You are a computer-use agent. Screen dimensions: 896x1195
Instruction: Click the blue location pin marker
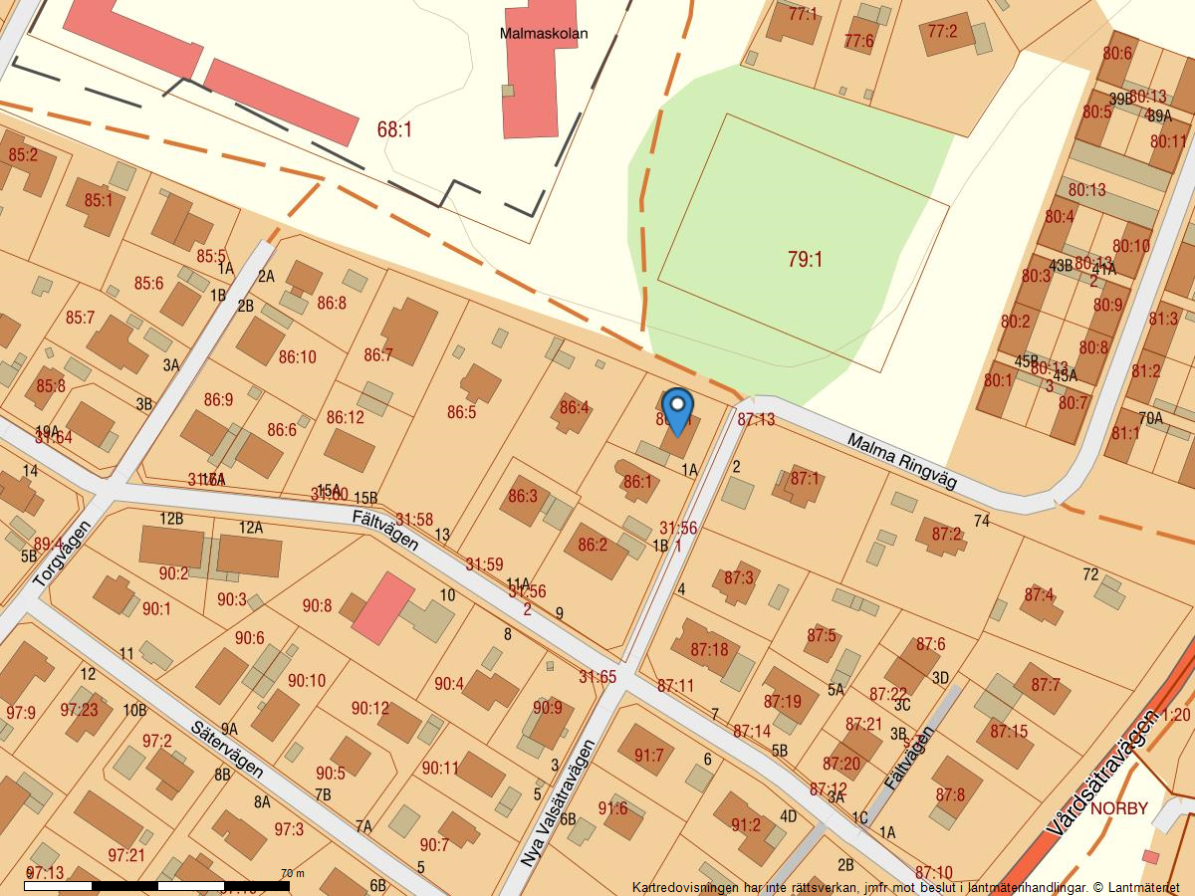(677, 409)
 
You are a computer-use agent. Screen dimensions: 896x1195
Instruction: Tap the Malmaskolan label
(543, 33)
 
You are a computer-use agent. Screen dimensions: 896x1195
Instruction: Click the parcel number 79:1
(805, 260)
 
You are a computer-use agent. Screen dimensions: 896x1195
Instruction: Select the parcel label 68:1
(394, 129)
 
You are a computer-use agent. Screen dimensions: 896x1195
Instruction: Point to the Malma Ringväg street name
(901, 461)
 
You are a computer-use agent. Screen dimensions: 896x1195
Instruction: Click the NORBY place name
(1118, 808)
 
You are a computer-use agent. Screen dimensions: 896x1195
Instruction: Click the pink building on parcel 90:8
(382, 608)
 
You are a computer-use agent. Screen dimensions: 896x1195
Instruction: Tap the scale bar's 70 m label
(292, 873)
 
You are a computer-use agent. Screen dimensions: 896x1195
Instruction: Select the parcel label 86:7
(378, 354)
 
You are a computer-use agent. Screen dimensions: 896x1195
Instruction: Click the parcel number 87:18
(709, 650)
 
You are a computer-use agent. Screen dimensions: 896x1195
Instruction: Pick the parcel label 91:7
(648, 756)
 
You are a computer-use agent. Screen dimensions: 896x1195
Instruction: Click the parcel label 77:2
(941, 32)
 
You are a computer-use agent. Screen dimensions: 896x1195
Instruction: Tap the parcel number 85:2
(22, 155)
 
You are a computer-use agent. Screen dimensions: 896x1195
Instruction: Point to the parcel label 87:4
(1039, 594)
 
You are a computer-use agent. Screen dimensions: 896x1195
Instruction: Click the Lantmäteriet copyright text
(904, 887)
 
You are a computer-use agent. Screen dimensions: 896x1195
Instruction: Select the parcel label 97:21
(126, 854)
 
